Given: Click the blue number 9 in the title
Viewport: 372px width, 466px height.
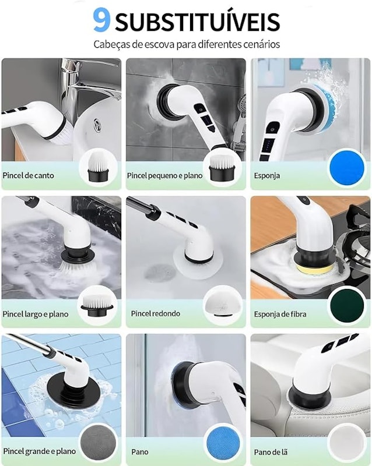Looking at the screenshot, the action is [101, 20].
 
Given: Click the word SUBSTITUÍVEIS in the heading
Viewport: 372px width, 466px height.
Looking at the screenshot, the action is [197, 22].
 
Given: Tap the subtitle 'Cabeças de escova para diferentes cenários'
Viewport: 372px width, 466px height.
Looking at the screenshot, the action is [187, 45].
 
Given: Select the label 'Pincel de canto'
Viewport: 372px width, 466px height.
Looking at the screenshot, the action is [28, 175].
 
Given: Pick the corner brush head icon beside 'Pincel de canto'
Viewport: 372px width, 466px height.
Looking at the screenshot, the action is [98, 167].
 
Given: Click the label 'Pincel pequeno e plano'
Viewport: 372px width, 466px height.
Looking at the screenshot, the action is [164, 176].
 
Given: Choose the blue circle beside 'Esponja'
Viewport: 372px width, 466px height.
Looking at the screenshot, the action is [347, 168].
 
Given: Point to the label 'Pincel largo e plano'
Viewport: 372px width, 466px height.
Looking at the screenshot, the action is [36, 314].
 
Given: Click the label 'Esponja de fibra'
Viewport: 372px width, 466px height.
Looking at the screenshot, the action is [280, 314].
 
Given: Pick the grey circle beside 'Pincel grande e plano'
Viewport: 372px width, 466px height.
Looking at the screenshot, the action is [98, 443].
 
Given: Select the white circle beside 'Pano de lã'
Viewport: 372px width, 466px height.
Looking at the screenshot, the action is [347, 443].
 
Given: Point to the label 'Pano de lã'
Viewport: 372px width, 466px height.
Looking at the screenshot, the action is [271, 453].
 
